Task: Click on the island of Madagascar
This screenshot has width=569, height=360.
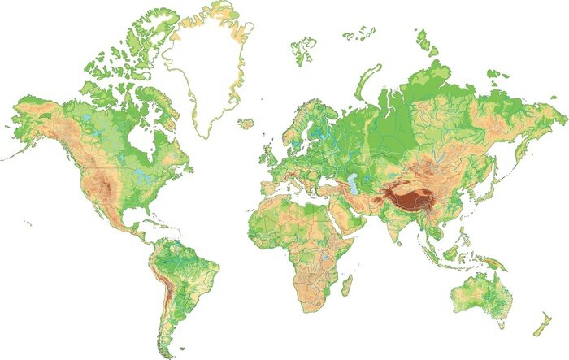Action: [x=347, y=286]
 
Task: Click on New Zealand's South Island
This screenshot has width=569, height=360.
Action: [x=539, y=330]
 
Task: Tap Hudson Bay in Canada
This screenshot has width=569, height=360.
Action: [x=146, y=147]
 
